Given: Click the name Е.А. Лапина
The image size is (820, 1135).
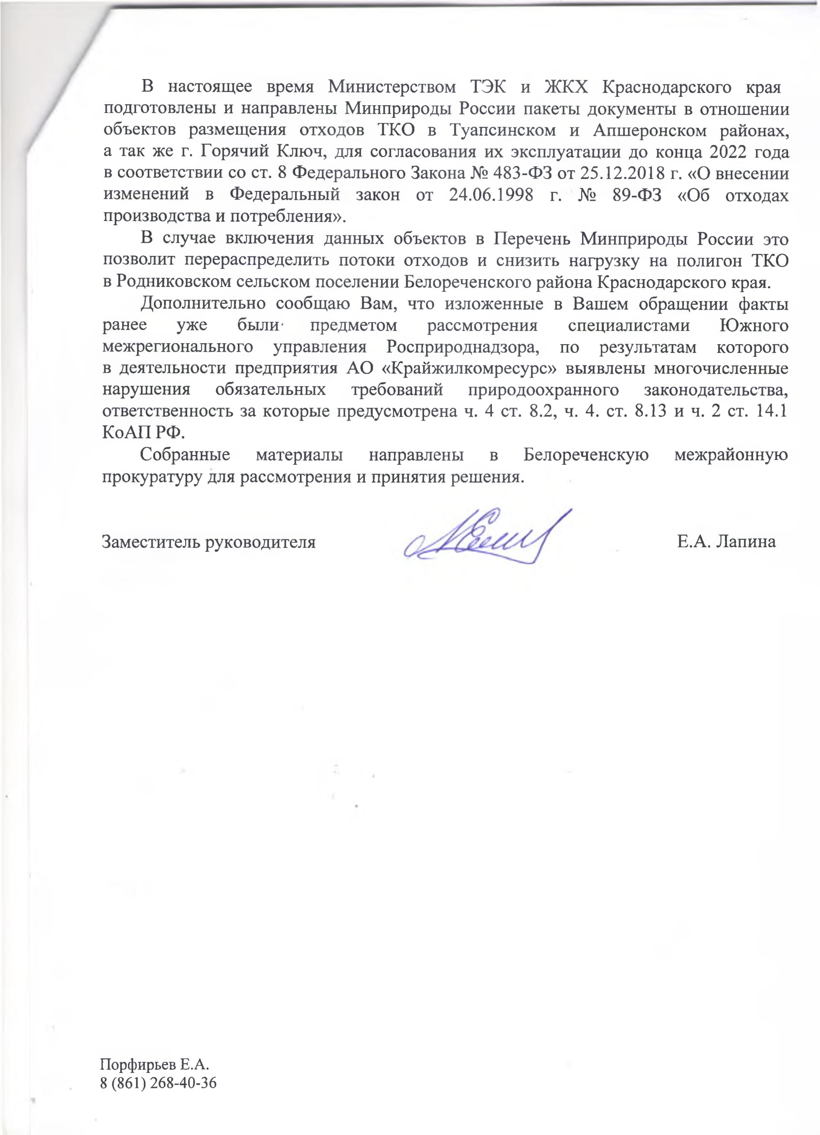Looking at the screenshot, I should pos(726,541).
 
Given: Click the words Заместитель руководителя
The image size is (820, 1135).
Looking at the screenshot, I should pos(208,542).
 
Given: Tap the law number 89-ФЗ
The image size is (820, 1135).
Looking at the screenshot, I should pos(636,195).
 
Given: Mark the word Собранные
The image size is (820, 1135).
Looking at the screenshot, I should pos(185,455).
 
